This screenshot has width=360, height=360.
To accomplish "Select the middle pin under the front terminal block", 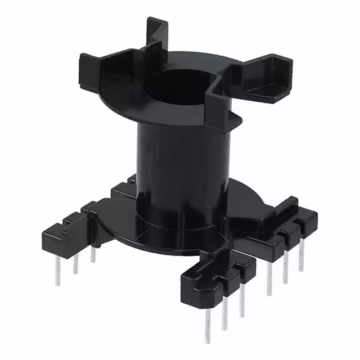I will point(224,314).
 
